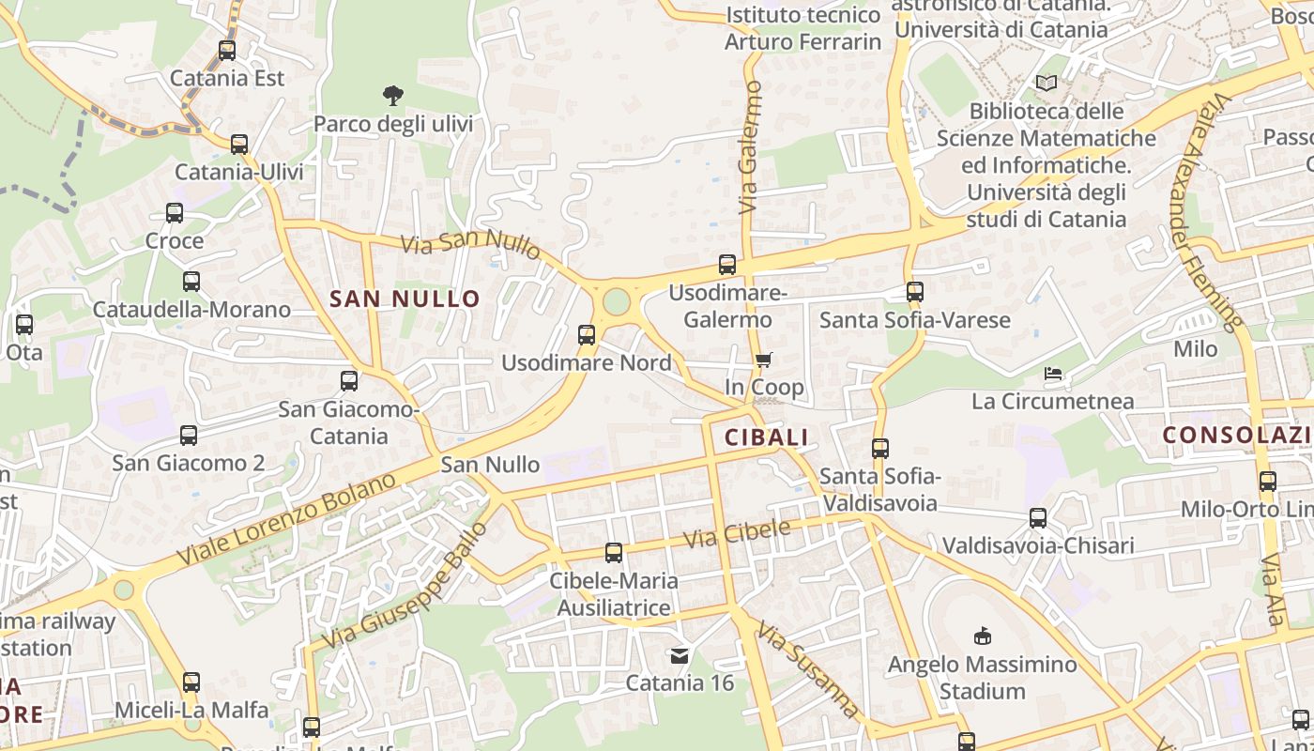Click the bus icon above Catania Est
pyautogui.click(x=227, y=51)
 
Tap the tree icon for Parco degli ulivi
pyautogui.click(x=393, y=95)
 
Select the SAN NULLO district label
pyautogui.click(x=405, y=299)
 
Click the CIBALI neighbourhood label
pyautogui.click(x=766, y=437)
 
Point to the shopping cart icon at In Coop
pyautogui.click(x=764, y=360)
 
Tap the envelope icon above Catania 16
pyautogui.click(x=680, y=655)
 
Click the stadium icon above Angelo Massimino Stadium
pyautogui.click(x=983, y=636)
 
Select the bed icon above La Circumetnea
pyautogui.click(x=1053, y=374)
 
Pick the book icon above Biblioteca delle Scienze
pyautogui.click(x=1047, y=84)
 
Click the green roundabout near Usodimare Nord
pyautogui.click(x=617, y=302)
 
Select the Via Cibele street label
pyautogui.click(x=737, y=534)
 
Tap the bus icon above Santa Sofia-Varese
pyautogui.click(x=915, y=292)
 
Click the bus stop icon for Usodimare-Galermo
pyautogui.click(x=727, y=265)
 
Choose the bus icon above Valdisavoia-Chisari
pyautogui.click(x=1038, y=518)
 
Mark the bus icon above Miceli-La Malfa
pyautogui.click(x=191, y=682)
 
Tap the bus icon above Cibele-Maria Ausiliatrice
pyautogui.click(x=614, y=553)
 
